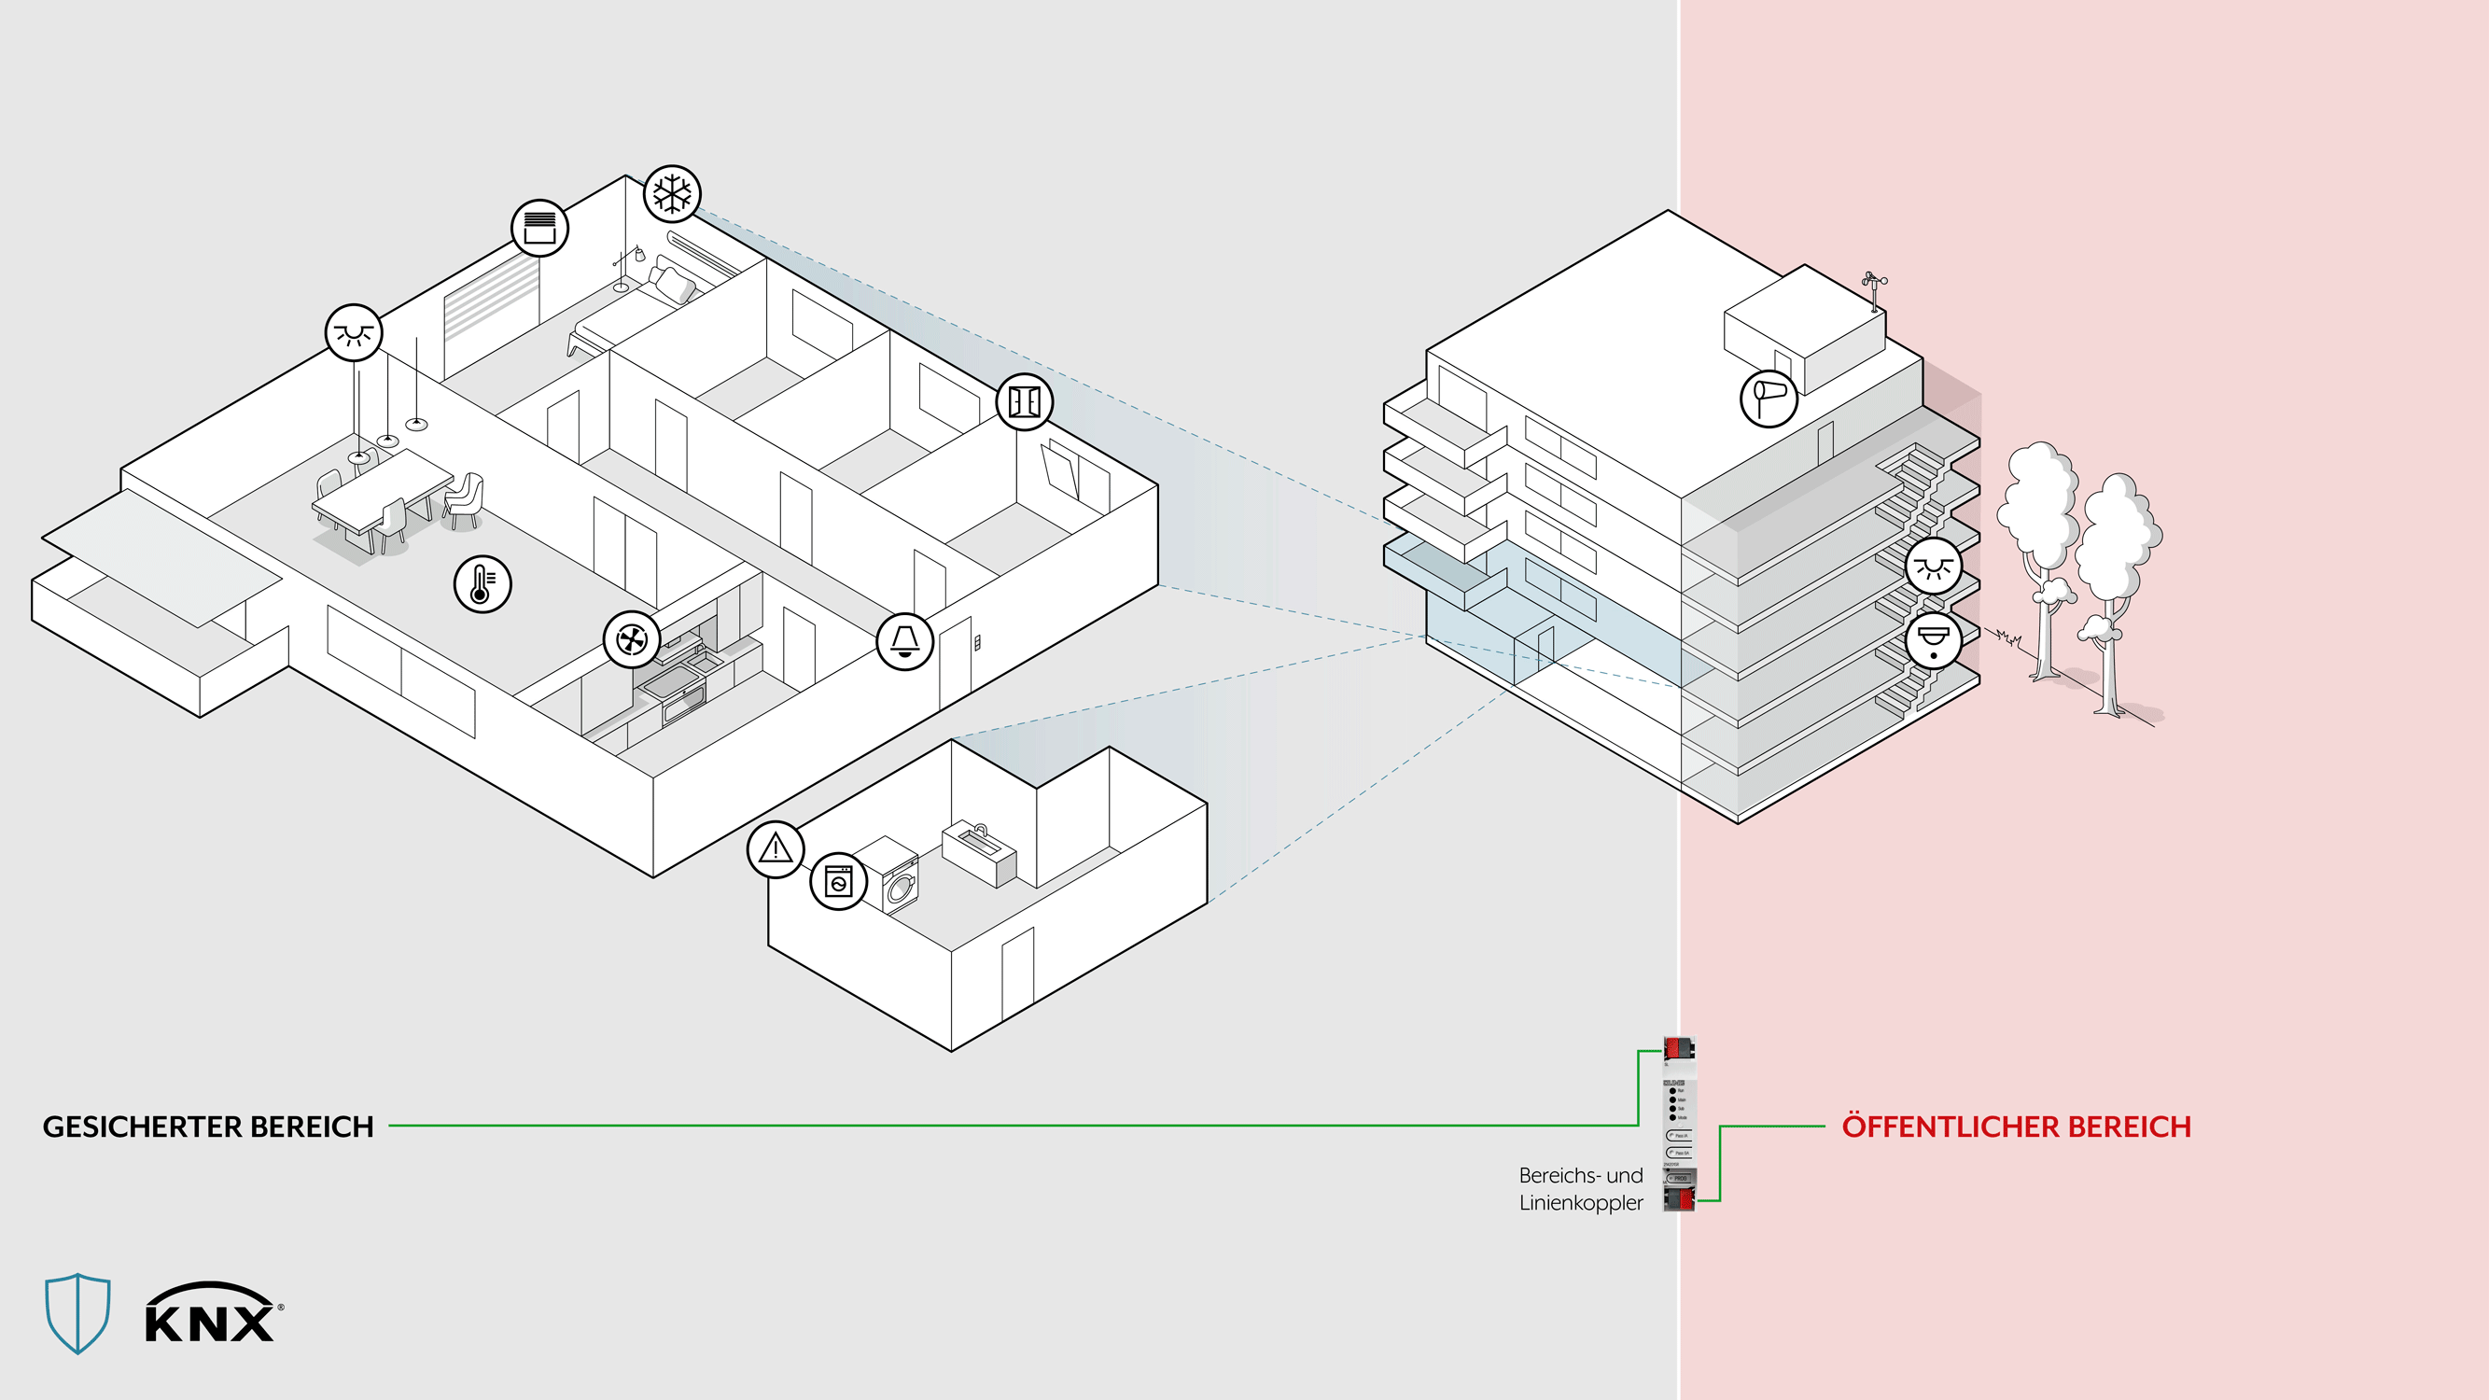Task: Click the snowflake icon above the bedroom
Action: click(x=673, y=193)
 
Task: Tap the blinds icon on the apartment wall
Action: click(x=539, y=228)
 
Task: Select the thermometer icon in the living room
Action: click(x=482, y=583)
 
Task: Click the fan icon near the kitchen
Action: click(x=632, y=638)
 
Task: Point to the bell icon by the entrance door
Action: click(x=904, y=641)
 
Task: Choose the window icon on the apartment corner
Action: click(x=1024, y=401)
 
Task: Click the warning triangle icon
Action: click(x=775, y=849)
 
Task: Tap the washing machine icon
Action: click(x=838, y=881)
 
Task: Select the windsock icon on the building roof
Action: click(x=1769, y=397)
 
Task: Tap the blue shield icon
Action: click(x=77, y=1312)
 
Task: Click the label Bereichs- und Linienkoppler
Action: click(x=1581, y=1188)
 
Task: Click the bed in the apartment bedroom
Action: click(x=628, y=309)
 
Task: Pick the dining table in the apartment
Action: click(x=383, y=488)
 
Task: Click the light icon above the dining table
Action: click(x=354, y=332)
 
